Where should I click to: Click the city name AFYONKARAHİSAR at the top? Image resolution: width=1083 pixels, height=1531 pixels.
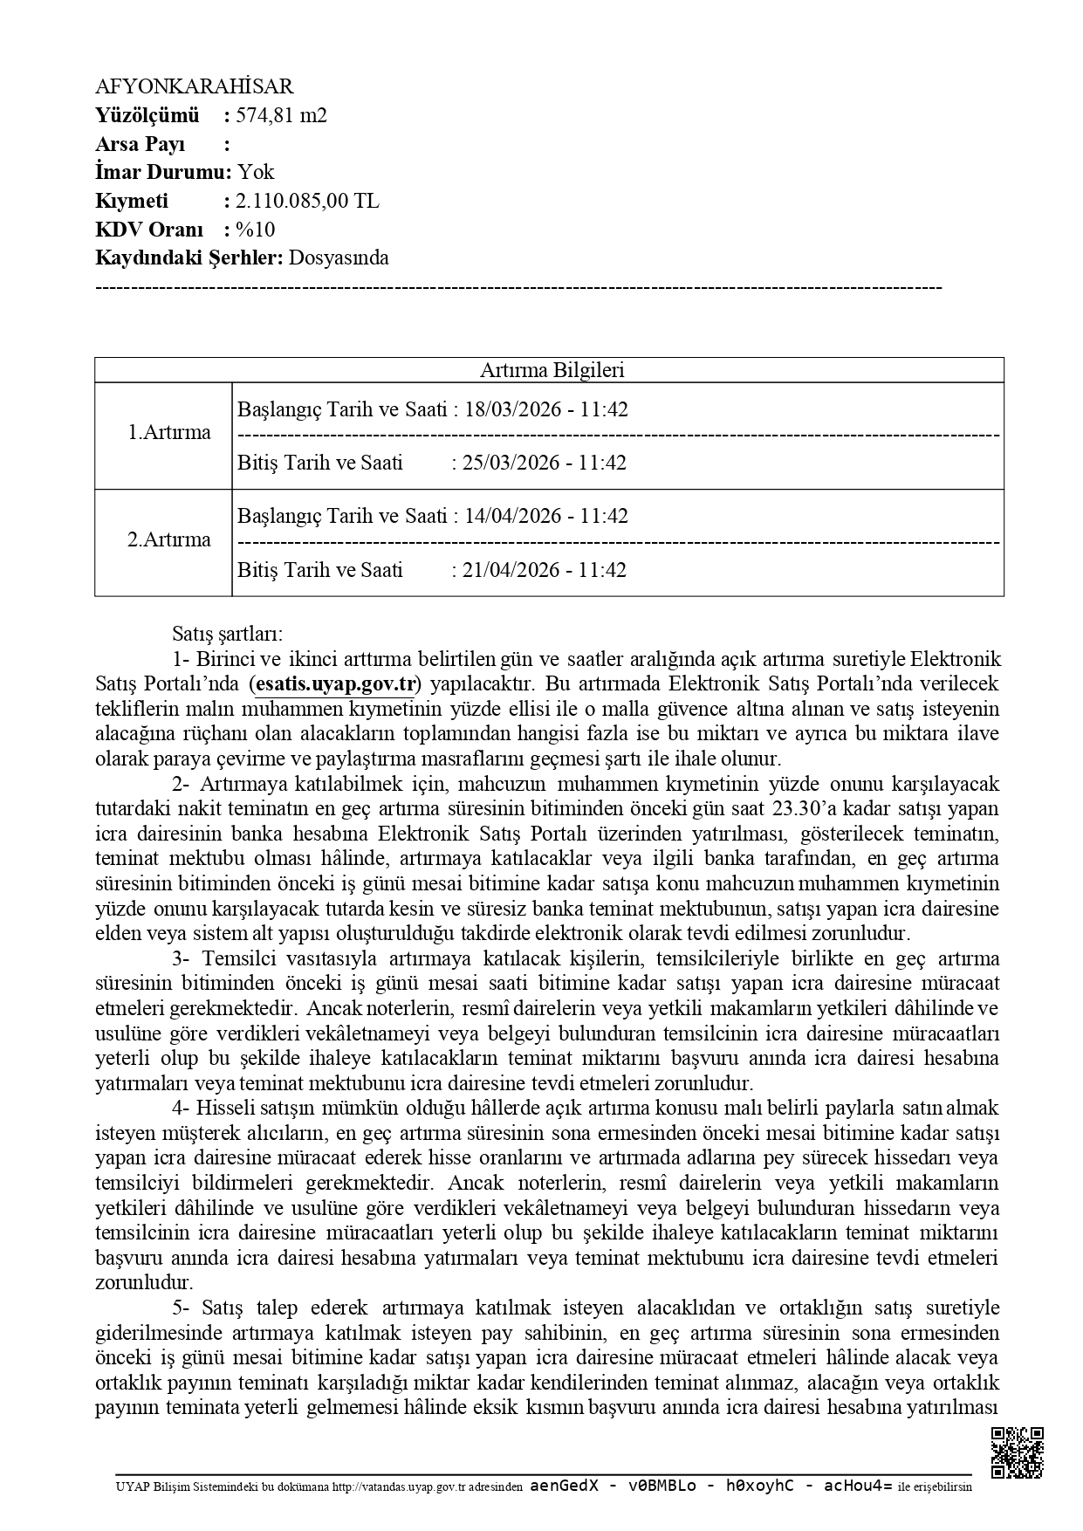[194, 86]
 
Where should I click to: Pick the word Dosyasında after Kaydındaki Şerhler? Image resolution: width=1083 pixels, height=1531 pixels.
[339, 257]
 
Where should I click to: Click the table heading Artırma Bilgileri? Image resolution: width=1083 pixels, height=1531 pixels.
[552, 370]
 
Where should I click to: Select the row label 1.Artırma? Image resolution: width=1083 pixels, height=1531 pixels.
[169, 433]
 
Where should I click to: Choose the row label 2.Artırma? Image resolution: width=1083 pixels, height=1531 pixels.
[169, 539]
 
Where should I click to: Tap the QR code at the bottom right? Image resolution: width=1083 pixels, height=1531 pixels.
[1018, 1452]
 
